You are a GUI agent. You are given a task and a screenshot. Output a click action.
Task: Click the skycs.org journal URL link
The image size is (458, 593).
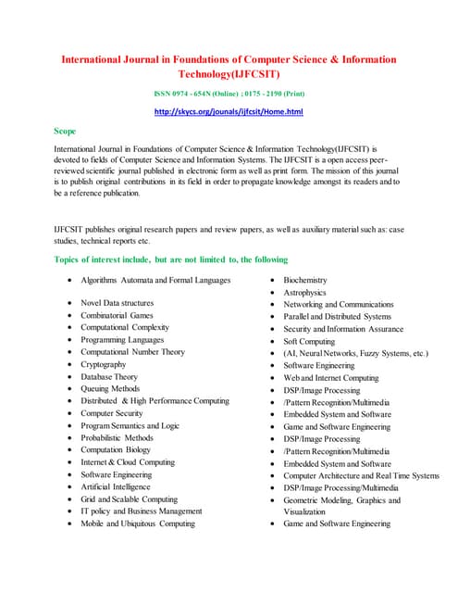click(x=229, y=113)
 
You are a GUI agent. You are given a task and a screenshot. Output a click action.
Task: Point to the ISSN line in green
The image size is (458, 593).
click(x=229, y=94)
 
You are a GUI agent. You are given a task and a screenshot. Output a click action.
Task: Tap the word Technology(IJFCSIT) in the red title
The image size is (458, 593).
click(x=229, y=74)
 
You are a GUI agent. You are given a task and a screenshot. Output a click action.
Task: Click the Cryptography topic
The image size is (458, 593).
click(x=104, y=365)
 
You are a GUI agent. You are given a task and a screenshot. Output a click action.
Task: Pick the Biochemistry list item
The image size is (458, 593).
click(x=305, y=280)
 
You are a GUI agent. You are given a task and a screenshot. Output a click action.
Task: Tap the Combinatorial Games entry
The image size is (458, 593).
click(x=118, y=316)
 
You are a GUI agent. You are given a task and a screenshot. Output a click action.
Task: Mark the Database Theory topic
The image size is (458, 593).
click(x=109, y=377)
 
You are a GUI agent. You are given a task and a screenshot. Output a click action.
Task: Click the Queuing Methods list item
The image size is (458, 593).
click(x=111, y=389)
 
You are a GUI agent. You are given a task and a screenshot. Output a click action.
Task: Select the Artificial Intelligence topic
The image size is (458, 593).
click(x=116, y=486)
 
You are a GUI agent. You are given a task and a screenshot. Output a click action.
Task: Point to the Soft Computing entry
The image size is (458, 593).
click(x=310, y=341)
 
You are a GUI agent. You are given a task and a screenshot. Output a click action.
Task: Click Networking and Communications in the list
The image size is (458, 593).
click(x=339, y=304)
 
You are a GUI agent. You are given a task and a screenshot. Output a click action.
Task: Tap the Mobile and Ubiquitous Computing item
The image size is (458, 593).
click(x=138, y=524)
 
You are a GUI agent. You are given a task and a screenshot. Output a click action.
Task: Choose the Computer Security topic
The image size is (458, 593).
click(x=112, y=413)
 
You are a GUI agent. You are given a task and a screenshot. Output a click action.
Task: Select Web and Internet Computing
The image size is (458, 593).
click(x=331, y=378)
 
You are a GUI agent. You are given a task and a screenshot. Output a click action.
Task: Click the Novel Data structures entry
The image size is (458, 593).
click(x=118, y=303)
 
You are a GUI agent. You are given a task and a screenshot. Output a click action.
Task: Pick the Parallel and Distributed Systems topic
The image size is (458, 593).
click(x=338, y=316)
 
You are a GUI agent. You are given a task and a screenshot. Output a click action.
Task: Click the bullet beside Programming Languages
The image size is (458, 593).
click(x=70, y=341)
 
